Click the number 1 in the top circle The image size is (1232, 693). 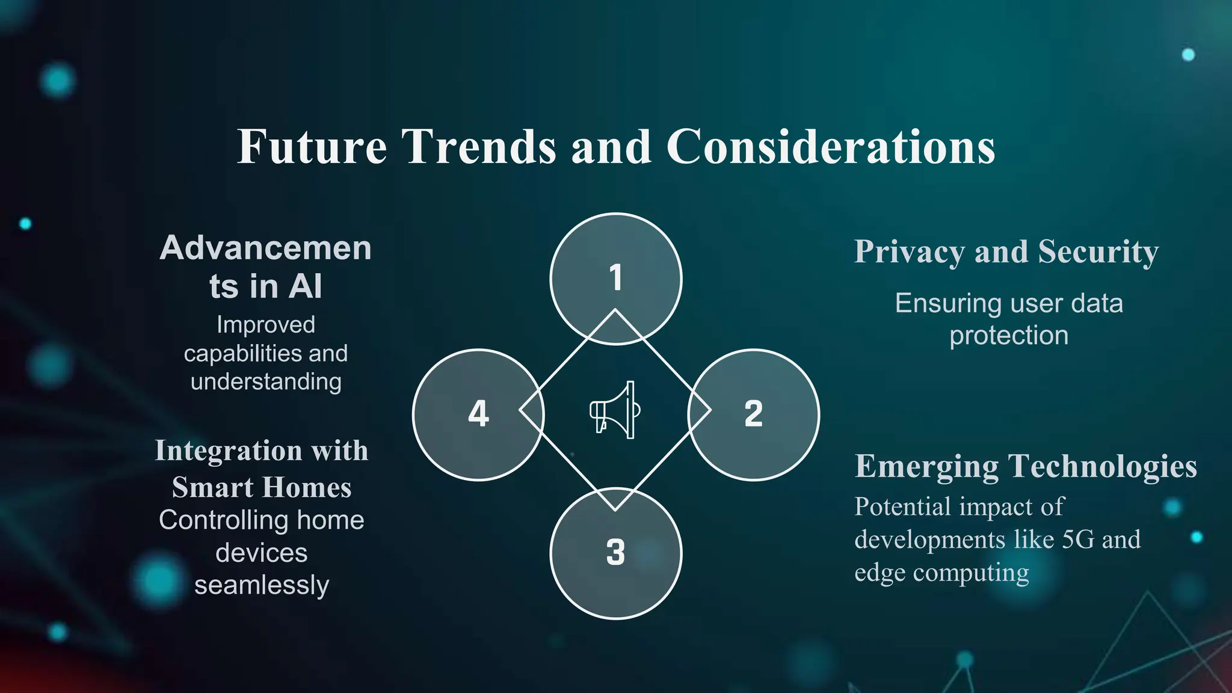click(x=615, y=278)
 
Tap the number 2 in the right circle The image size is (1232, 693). click(x=753, y=414)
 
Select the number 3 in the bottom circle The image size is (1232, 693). click(x=615, y=552)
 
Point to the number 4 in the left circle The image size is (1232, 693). click(x=478, y=414)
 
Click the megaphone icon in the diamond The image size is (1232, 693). click(x=615, y=410)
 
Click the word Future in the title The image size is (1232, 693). click(x=312, y=147)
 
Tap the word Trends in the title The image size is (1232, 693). click(x=479, y=147)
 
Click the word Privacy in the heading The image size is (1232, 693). click(x=910, y=252)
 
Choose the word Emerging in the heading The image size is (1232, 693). click(x=926, y=467)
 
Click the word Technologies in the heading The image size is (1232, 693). click(x=1103, y=467)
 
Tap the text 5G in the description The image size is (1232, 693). click(x=1078, y=540)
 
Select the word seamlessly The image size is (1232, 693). click(x=262, y=585)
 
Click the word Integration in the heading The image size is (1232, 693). click(x=228, y=451)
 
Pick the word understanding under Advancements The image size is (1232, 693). click(x=266, y=382)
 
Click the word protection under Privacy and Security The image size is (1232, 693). click(x=1009, y=336)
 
